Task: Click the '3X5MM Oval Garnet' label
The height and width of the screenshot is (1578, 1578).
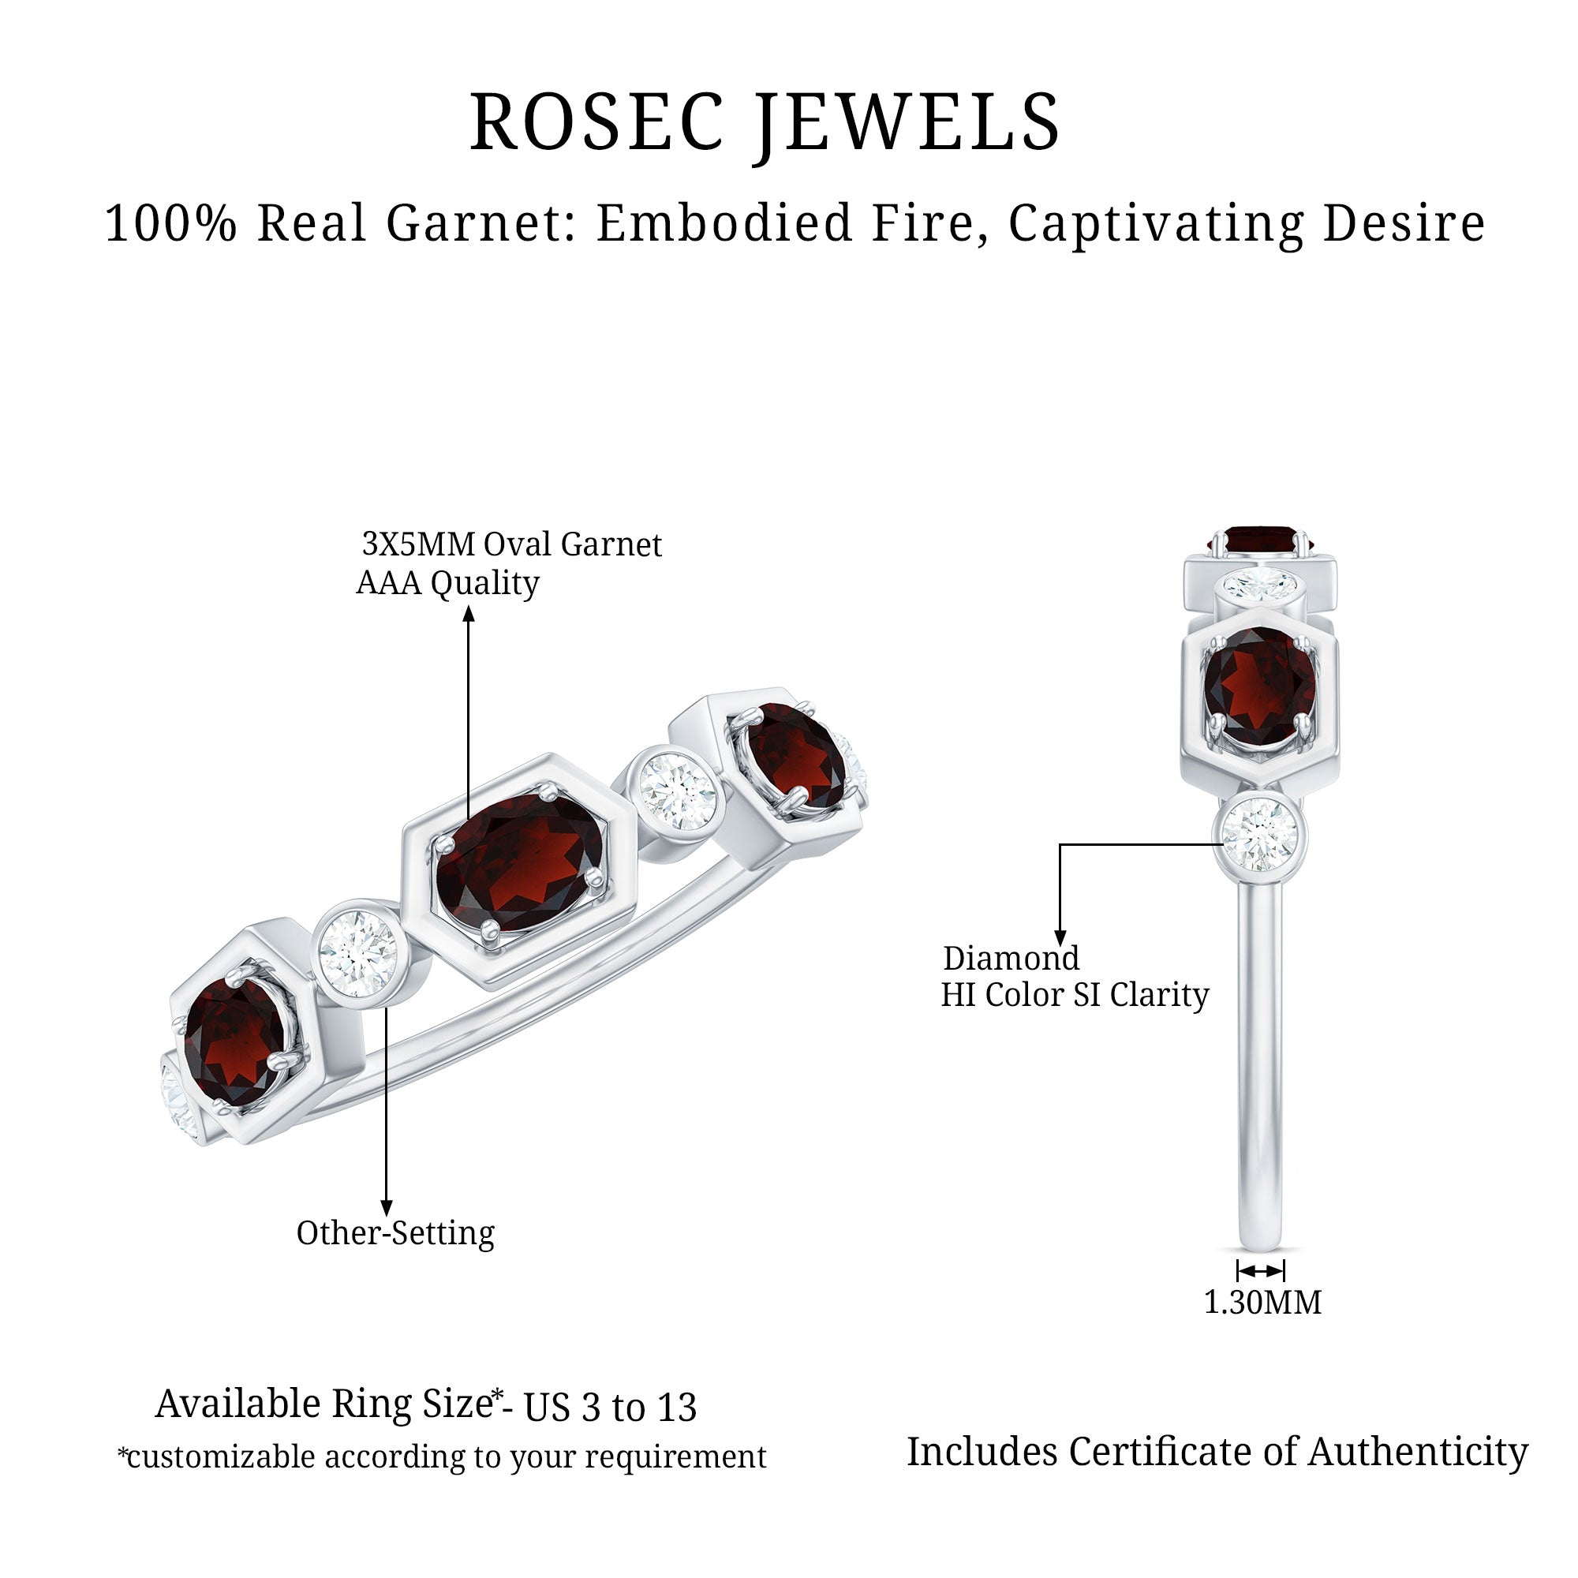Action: (511, 544)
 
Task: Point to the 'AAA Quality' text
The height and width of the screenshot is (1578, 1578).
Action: (447, 583)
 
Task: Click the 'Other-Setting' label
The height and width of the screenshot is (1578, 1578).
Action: (395, 1233)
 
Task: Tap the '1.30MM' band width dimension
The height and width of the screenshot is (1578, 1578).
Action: (1262, 1302)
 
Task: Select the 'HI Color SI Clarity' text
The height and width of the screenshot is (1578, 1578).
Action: (1074, 995)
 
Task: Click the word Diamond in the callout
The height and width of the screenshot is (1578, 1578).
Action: (1011, 958)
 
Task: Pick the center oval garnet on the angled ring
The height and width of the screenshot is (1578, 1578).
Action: (520, 863)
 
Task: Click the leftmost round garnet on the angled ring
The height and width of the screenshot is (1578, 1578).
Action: (234, 1043)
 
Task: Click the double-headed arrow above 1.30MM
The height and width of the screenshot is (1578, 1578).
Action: (1260, 1271)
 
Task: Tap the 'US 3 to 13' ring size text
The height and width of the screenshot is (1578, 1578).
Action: (610, 1408)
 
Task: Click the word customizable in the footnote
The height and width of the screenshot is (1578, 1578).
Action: (221, 1456)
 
